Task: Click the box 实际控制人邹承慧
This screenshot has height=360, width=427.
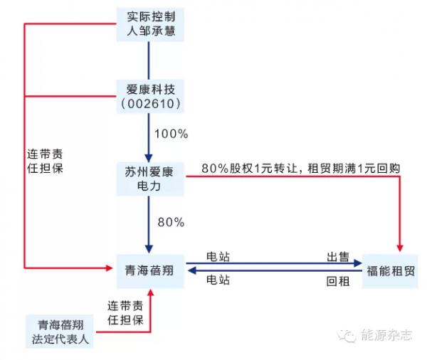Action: point(150,24)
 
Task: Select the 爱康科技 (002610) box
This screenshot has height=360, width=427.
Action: point(150,96)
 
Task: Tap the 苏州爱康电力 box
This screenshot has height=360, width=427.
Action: point(150,179)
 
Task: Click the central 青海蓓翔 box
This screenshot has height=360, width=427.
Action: point(150,271)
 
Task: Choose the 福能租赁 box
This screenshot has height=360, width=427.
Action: point(390,271)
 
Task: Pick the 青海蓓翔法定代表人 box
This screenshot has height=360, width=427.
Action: point(60,332)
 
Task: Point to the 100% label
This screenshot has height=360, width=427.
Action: point(172,134)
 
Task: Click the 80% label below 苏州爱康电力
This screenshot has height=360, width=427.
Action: point(171,222)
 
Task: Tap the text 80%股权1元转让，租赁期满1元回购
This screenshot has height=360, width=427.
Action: point(301,169)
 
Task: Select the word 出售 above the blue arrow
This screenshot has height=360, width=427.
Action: point(337,257)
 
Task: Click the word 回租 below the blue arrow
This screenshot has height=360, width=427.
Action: point(337,281)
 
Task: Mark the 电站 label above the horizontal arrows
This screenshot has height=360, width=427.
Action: point(218,257)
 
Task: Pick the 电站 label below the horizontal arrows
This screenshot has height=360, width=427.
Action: point(218,280)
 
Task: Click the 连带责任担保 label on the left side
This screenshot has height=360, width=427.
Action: point(45,162)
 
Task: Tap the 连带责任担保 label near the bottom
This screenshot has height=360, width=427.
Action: point(125,313)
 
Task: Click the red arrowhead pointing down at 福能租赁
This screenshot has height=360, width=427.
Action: point(400,248)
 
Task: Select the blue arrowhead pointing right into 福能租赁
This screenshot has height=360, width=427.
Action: point(358,263)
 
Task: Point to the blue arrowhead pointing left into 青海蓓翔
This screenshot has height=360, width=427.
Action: point(192,270)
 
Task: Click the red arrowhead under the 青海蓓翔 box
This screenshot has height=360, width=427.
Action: point(150,292)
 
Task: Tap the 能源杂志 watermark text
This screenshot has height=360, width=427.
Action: point(386,335)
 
